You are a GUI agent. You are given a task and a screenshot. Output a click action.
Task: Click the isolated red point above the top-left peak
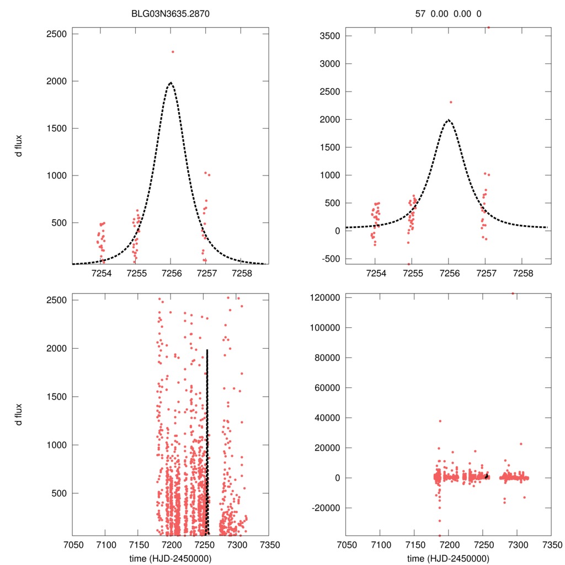(173, 52)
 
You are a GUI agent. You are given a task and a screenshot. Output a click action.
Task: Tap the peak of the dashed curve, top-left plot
(171, 83)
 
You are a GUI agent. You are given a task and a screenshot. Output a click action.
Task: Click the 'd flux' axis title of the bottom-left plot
(19, 413)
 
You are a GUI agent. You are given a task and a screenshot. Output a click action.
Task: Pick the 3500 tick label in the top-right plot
(329, 36)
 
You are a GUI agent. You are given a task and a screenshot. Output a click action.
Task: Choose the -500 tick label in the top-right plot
(330, 258)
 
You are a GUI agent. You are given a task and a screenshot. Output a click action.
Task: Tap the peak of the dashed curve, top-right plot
(449, 120)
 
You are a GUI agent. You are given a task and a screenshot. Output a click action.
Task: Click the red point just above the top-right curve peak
(451, 102)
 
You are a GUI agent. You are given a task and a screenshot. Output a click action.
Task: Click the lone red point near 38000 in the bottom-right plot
(440, 421)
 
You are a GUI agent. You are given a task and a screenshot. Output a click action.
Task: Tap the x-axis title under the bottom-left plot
(171, 558)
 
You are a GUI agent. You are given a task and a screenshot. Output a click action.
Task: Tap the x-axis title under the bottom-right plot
(449, 558)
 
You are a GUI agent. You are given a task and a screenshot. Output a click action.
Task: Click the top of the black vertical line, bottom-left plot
(207, 350)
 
